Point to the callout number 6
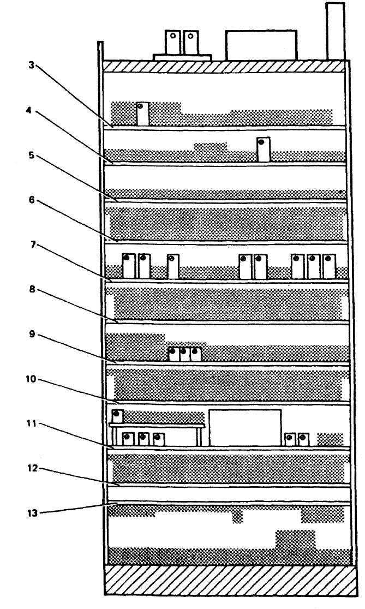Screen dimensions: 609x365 (32, 200)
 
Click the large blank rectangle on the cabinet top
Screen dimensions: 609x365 (261, 45)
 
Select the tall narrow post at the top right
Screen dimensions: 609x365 (334, 31)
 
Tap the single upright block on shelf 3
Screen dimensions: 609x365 (142, 114)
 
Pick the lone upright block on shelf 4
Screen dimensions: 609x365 (263, 149)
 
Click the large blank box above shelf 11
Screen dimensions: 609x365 (245, 428)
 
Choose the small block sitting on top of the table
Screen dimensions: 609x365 (117, 416)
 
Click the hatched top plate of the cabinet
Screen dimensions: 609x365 (224, 66)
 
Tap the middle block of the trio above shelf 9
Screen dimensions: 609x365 (184, 354)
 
